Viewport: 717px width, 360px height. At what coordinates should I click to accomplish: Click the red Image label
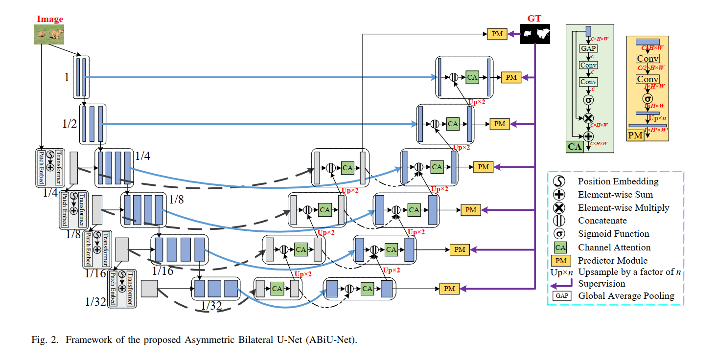tap(50, 20)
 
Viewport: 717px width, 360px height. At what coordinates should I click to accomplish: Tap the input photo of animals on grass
tap(50, 34)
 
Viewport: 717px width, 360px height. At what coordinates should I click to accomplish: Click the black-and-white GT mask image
tap(535, 34)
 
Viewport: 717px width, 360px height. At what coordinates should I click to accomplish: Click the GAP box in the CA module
tap(588, 49)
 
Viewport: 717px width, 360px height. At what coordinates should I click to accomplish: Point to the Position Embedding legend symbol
tap(559, 181)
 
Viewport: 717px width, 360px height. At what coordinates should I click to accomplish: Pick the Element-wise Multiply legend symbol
tap(559, 207)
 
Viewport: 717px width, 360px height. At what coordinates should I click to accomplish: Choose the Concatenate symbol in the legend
tap(559, 221)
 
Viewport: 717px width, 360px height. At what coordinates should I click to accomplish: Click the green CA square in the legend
tap(559, 247)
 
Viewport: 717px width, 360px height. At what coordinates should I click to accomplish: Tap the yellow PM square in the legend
tap(559, 261)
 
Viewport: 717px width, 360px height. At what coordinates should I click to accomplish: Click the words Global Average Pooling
tap(626, 296)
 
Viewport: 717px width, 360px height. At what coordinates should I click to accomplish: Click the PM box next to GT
tap(497, 34)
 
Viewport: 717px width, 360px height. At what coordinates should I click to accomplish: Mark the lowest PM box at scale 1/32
tap(449, 289)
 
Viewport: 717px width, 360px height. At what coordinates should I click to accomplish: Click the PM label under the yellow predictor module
tap(635, 135)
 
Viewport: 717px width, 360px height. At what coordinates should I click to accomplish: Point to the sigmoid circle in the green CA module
tap(588, 100)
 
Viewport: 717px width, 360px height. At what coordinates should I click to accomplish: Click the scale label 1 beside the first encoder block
tap(67, 77)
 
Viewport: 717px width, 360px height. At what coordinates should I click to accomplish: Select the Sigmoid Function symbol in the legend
tap(559, 234)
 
